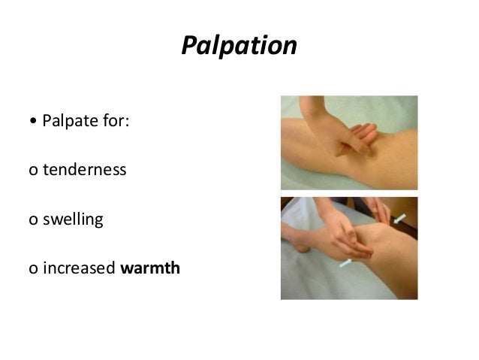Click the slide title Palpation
coord(239,46)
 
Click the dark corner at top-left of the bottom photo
coord(288,204)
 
